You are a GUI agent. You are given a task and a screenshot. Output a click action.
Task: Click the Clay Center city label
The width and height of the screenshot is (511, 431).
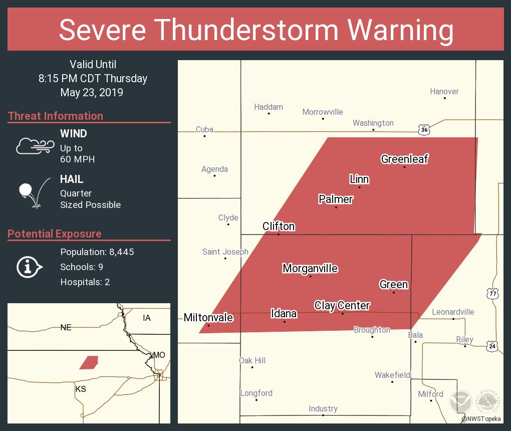pos(342,305)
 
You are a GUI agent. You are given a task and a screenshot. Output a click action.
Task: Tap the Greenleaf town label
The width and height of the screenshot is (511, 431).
pos(404,159)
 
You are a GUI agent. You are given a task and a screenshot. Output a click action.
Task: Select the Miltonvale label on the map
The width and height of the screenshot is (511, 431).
pos(208,317)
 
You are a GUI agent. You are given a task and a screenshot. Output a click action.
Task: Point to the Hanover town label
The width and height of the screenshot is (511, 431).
pos(444,91)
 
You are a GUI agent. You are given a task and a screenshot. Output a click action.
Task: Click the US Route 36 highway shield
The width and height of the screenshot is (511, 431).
pos(424,130)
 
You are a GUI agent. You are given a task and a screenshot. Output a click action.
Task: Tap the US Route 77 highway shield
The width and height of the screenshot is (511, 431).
pos(493,294)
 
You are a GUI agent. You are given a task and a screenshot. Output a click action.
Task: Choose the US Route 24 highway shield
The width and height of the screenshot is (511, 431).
pos(493,345)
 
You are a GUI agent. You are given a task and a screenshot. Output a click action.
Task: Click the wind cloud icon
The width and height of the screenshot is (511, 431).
pos(35,146)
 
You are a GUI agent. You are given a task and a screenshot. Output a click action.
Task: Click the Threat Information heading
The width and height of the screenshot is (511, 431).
pos(56,116)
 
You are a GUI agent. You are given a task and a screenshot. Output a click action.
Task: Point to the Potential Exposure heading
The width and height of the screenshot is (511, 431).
pos(55,234)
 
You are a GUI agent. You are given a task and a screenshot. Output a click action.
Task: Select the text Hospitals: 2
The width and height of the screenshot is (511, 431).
pos(85,282)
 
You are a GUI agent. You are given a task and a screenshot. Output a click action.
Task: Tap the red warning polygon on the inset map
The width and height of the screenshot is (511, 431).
pos(89,362)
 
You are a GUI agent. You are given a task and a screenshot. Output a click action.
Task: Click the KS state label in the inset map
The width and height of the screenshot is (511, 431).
pos(81,389)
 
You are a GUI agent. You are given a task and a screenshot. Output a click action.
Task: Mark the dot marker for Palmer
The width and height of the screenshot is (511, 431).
pos(336,207)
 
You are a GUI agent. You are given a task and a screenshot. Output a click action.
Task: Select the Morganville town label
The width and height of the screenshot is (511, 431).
pos(310,268)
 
